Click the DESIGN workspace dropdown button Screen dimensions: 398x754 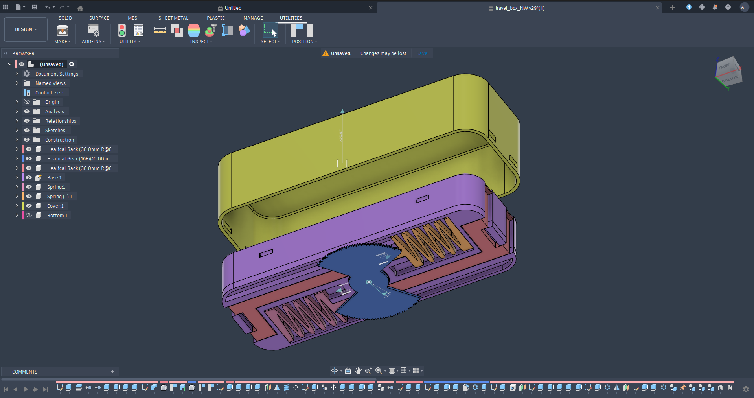26,29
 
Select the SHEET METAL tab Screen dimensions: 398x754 173,18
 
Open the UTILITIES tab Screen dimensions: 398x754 291,18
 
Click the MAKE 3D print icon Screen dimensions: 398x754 62,31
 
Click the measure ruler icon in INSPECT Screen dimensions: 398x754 160,30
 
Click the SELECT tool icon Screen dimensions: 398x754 270,30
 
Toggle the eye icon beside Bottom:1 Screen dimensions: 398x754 29,215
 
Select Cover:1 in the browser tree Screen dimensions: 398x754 55,206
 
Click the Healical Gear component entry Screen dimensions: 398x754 80,159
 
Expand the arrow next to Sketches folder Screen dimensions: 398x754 17,131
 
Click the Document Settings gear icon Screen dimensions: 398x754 27,74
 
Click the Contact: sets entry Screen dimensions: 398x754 50,93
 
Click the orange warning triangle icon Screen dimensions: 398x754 326,53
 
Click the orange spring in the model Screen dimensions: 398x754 432,240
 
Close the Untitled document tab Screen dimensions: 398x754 370,8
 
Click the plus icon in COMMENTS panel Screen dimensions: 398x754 112,371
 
